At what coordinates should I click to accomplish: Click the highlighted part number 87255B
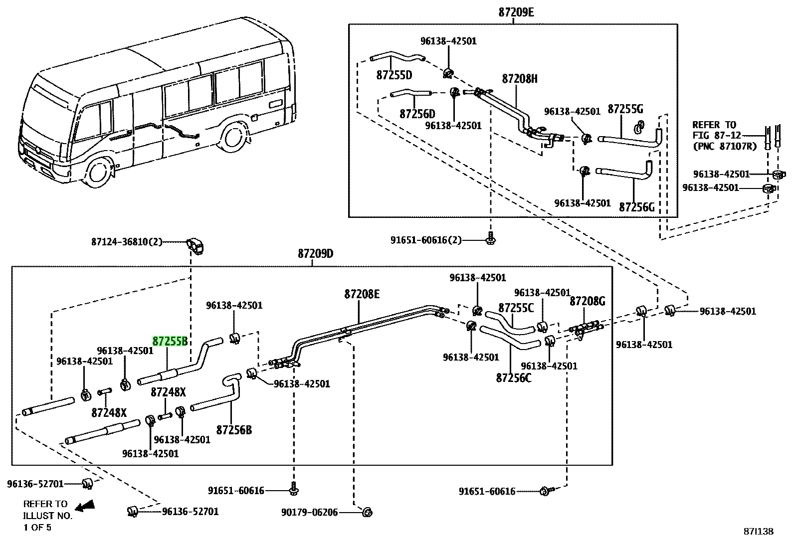pyautogui.click(x=170, y=341)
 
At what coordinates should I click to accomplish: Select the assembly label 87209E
pyautogui.click(x=516, y=12)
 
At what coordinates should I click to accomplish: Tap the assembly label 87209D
pyautogui.click(x=316, y=254)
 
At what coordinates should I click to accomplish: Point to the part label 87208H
pyautogui.click(x=520, y=79)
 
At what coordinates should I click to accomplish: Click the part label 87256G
pyautogui.click(x=636, y=207)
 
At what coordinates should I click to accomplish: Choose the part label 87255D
pyautogui.click(x=394, y=75)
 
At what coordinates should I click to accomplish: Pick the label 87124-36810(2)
pyautogui.click(x=127, y=242)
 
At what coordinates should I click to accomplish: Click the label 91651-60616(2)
pyautogui.click(x=426, y=240)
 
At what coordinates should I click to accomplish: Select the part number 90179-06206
pyautogui.click(x=309, y=512)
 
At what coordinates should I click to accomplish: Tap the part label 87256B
pyautogui.click(x=234, y=430)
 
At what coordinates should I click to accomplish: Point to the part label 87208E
pyautogui.click(x=362, y=294)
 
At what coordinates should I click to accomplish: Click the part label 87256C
pyautogui.click(x=514, y=378)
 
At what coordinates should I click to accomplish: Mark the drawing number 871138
pyautogui.click(x=759, y=532)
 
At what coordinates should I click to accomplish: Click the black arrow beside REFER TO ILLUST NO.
pyautogui.click(x=85, y=506)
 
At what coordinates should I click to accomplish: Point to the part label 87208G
pyautogui.click(x=588, y=301)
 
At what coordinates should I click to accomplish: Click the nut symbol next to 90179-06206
pyautogui.click(x=367, y=512)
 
